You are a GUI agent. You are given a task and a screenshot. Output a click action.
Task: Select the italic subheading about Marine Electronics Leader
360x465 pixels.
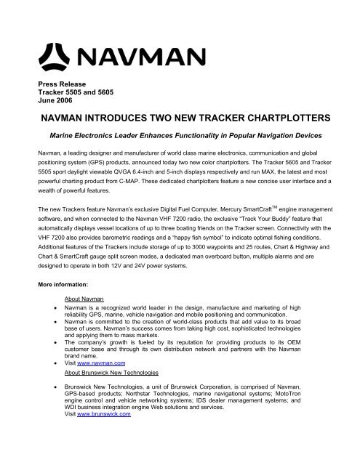(x=179, y=135)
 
